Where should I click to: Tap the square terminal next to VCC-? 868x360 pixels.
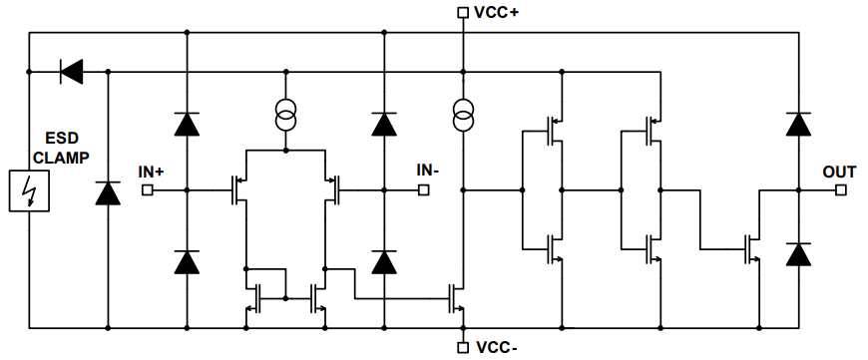[462, 347]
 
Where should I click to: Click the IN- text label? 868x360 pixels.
[428, 170]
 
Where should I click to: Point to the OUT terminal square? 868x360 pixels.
[839, 189]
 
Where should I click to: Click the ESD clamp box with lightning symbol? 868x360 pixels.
[29, 189]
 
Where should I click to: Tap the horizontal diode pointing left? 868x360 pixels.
[71, 71]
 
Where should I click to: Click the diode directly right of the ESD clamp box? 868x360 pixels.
[106, 192]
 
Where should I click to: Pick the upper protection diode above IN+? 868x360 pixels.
[187, 124]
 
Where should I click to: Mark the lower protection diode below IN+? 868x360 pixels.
[187, 261]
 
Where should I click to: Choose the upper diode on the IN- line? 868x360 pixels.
[383, 124]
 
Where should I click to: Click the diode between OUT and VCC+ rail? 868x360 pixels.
[797, 124]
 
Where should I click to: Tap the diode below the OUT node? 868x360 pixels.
[797, 253]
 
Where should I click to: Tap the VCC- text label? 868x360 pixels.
[496, 348]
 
